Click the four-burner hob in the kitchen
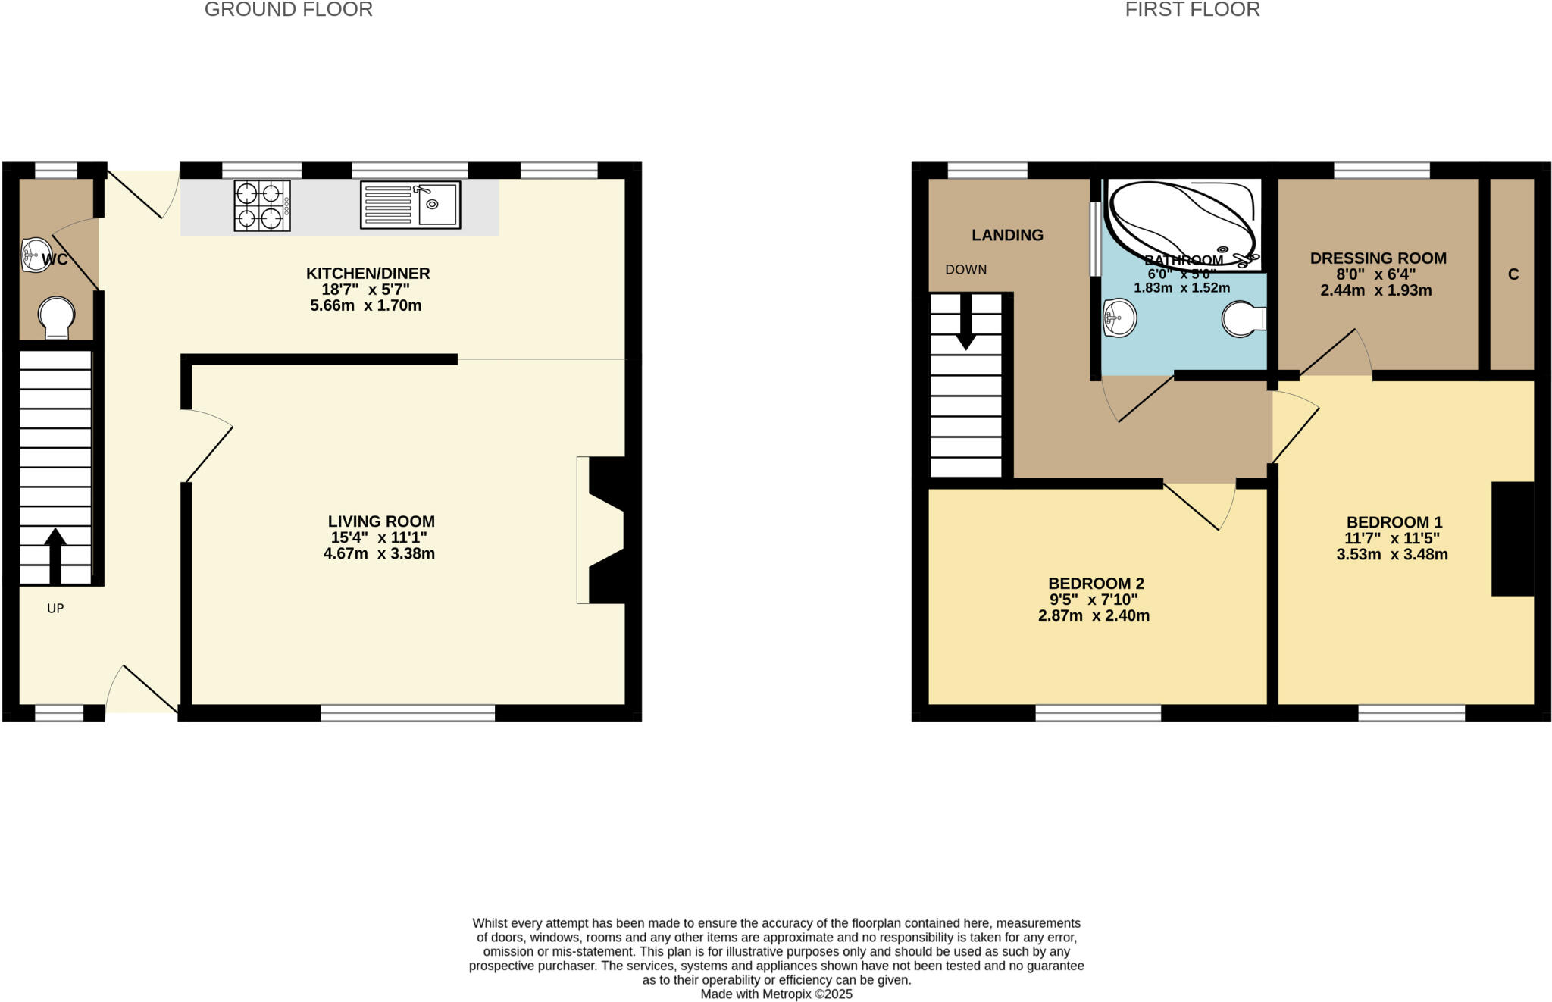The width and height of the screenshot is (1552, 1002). pyautogui.click(x=262, y=205)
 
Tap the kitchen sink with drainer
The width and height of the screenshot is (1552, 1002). pyautogui.click(x=410, y=205)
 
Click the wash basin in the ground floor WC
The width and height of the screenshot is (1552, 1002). pyautogui.click(x=35, y=255)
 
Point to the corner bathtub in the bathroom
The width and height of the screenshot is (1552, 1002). pyautogui.click(x=1182, y=220)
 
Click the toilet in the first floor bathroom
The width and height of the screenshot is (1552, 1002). pyautogui.click(x=1243, y=319)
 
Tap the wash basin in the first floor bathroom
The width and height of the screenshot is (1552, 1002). pyautogui.click(x=1120, y=318)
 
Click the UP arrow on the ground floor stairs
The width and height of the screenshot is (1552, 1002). pyautogui.click(x=55, y=556)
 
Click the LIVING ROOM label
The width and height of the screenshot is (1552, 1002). pyautogui.click(x=381, y=521)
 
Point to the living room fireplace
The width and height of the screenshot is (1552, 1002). pyautogui.click(x=602, y=530)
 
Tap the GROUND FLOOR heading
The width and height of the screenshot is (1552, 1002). pyautogui.click(x=288, y=10)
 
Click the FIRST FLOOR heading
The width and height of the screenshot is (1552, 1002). pyautogui.click(x=1192, y=10)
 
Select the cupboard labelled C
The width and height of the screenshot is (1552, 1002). pyautogui.click(x=1513, y=274)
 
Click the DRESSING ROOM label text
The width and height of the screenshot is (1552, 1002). pyautogui.click(x=1378, y=258)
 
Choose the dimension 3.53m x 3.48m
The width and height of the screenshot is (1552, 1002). pyautogui.click(x=1392, y=555)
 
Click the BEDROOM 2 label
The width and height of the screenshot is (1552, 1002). pyautogui.click(x=1096, y=584)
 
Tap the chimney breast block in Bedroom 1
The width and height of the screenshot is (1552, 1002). pyautogui.click(x=1513, y=538)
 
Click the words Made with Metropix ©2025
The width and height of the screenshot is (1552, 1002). pyautogui.click(x=776, y=994)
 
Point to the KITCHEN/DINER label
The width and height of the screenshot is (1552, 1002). pyautogui.click(x=368, y=274)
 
